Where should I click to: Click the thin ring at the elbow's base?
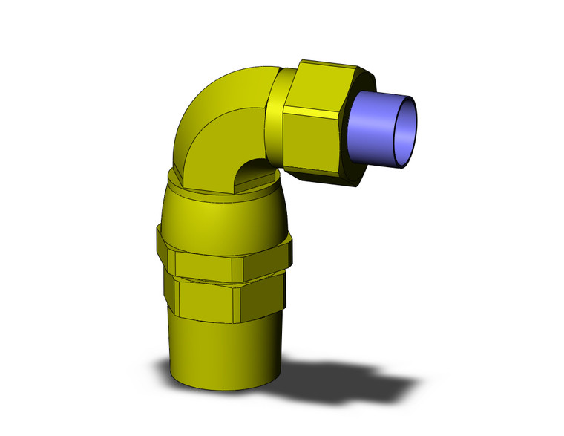(x=223, y=195)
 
